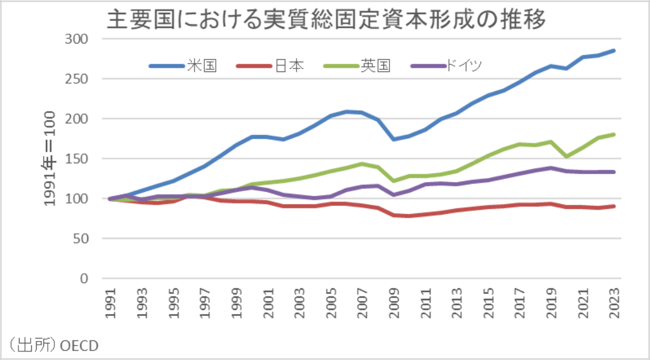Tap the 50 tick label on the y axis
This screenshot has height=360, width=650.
[80, 239]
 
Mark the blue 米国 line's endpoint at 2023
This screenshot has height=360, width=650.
[613, 51]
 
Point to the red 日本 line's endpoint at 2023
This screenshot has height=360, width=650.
[613, 207]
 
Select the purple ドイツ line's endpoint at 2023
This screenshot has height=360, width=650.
[613, 172]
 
